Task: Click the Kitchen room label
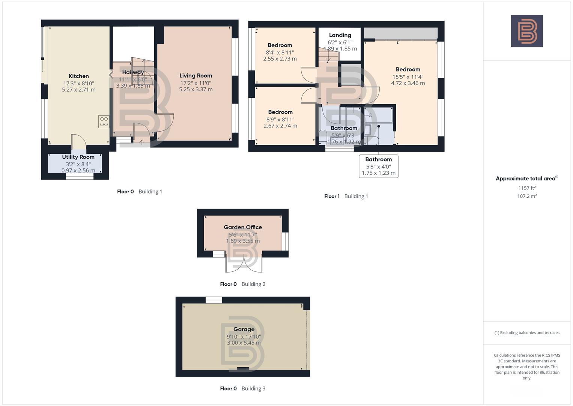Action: [78, 76]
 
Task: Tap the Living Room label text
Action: [196, 76]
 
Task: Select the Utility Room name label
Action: [78, 157]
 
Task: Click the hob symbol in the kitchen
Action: [104, 122]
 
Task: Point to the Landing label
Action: [340, 35]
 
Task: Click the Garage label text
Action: [244, 329]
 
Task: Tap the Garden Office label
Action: [243, 227]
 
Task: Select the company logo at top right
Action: [527, 31]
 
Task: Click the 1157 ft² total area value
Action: [527, 188]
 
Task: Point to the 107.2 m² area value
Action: [527, 196]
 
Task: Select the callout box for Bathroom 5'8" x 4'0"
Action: [378, 166]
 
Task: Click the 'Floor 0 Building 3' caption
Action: [242, 388]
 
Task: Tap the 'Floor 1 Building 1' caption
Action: [346, 196]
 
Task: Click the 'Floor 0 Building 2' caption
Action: [242, 284]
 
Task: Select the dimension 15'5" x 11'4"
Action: [408, 77]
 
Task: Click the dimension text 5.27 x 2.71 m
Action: [78, 89]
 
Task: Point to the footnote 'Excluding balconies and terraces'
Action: [527, 333]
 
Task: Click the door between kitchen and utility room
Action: [79, 142]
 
